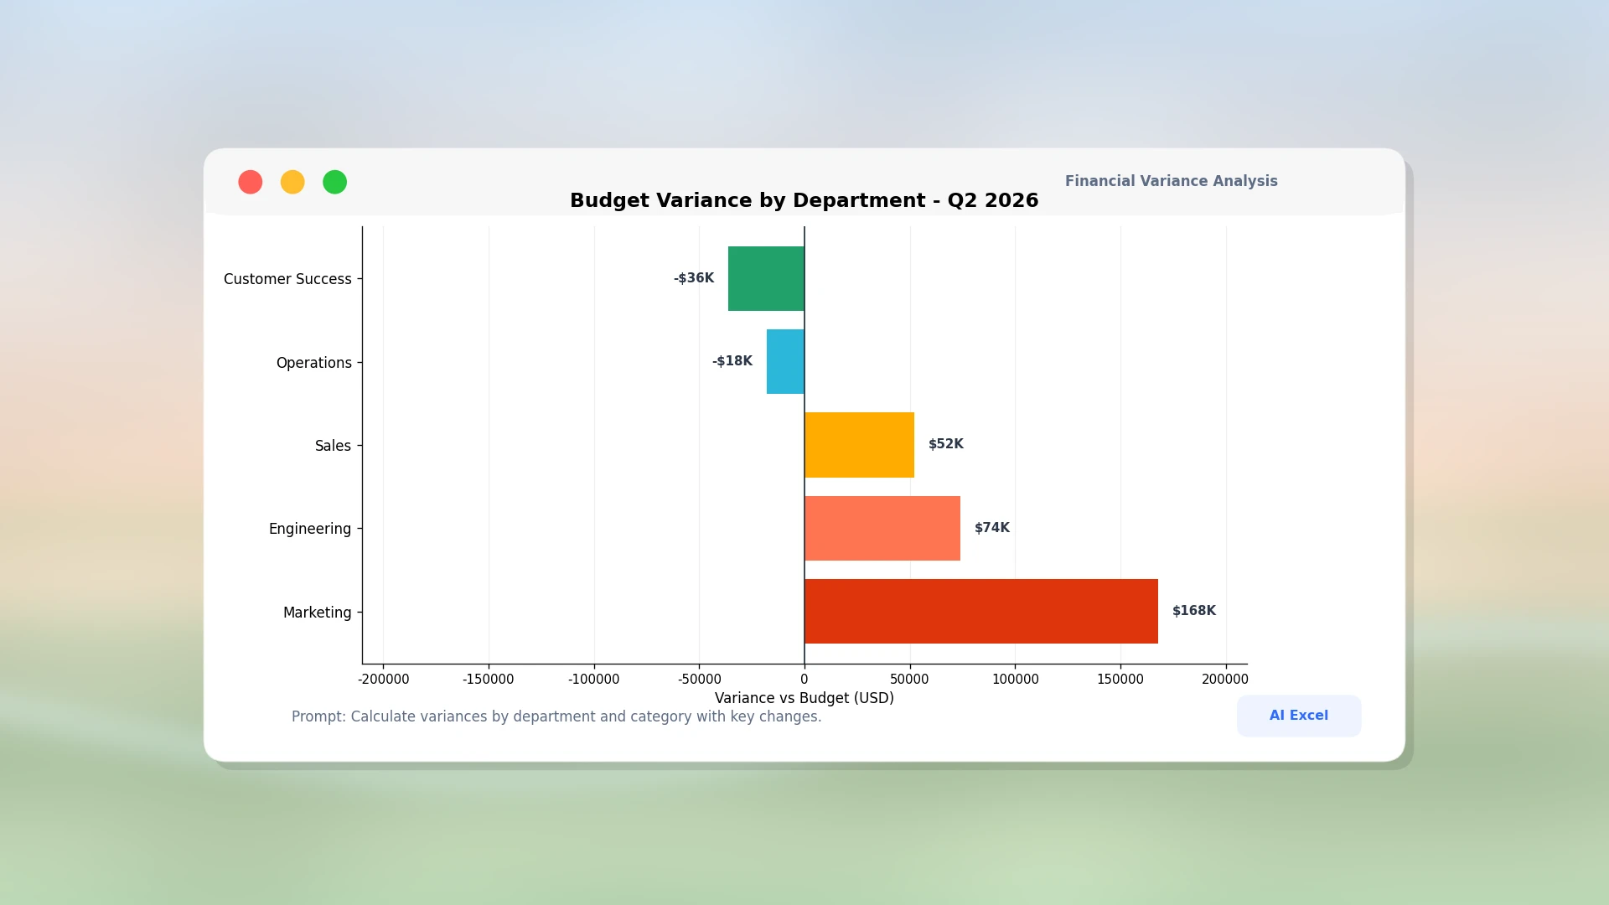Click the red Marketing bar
point(981,611)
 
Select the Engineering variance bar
point(882,528)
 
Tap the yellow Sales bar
point(859,445)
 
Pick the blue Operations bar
point(785,361)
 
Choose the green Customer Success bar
point(766,278)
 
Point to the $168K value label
point(1194,611)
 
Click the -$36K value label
point(694,278)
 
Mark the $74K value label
point(992,528)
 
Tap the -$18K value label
point(732,361)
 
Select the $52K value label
point(946,444)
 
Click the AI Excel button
point(1299,716)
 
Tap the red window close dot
point(251,182)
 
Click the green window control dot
point(335,182)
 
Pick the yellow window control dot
point(292,182)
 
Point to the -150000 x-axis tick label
point(489,680)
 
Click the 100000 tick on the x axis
point(1016,680)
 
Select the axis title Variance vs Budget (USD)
point(804,698)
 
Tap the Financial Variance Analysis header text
point(1172,181)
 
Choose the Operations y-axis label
point(314,363)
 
